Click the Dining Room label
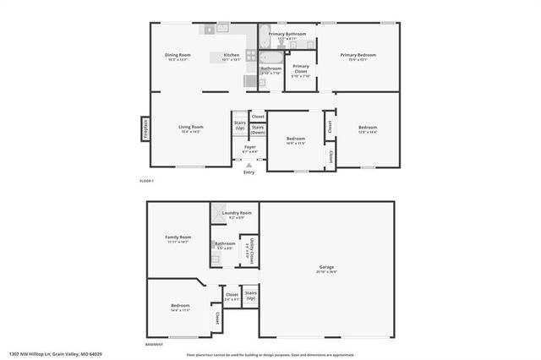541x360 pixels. tap(178, 55)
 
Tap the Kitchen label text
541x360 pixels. tap(231, 55)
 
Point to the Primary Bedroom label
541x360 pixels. tap(358, 55)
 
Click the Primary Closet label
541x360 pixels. tap(301, 70)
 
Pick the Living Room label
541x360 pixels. tap(190, 128)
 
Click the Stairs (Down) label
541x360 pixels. tap(258, 129)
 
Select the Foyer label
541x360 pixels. tap(249, 147)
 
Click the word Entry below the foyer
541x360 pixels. tap(249, 172)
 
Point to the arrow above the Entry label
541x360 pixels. tap(249, 166)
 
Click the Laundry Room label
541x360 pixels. tap(236, 213)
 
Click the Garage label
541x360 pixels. tap(326, 268)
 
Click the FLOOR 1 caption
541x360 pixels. tap(147, 182)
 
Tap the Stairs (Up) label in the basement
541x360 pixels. tap(250, 297)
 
